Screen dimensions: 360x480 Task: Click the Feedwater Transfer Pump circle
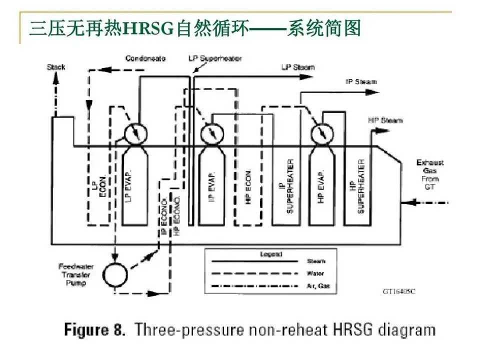[115, 275]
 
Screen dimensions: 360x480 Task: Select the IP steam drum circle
[212, 133]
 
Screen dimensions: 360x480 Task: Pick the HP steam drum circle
[321, 133]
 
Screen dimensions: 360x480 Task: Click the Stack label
[56, 67]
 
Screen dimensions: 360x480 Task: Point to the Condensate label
[145, 58]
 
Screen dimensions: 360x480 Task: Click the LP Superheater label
[215, 58]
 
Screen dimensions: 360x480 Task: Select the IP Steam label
[361, 81]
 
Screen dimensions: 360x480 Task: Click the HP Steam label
[385, 120]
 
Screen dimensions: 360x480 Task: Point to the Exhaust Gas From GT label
[430, 174]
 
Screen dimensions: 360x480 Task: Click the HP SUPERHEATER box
[361, 186]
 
